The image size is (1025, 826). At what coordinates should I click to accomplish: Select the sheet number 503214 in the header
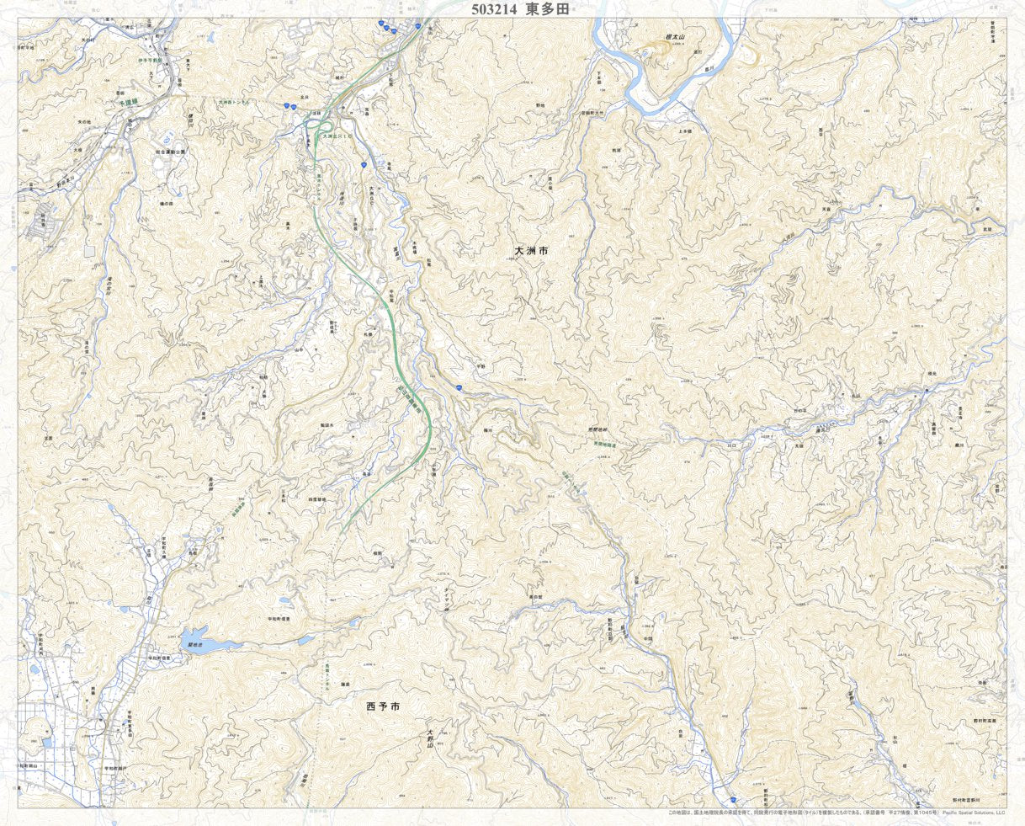pyautogui.click(x=496, y=8)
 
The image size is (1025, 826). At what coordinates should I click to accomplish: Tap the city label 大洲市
pyautogui.click(x=531, y=251)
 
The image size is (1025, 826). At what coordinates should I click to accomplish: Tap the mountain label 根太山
pyautogui.click(x=674, y=38)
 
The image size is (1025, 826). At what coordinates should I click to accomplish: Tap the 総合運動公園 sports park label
pyautogui.click(x=171, y=152)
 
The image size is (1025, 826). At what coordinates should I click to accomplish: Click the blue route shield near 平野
pyautogui.click(x=459, y=386)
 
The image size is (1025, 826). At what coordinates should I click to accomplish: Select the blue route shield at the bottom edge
pyautogui.click(x=733, y=798)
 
